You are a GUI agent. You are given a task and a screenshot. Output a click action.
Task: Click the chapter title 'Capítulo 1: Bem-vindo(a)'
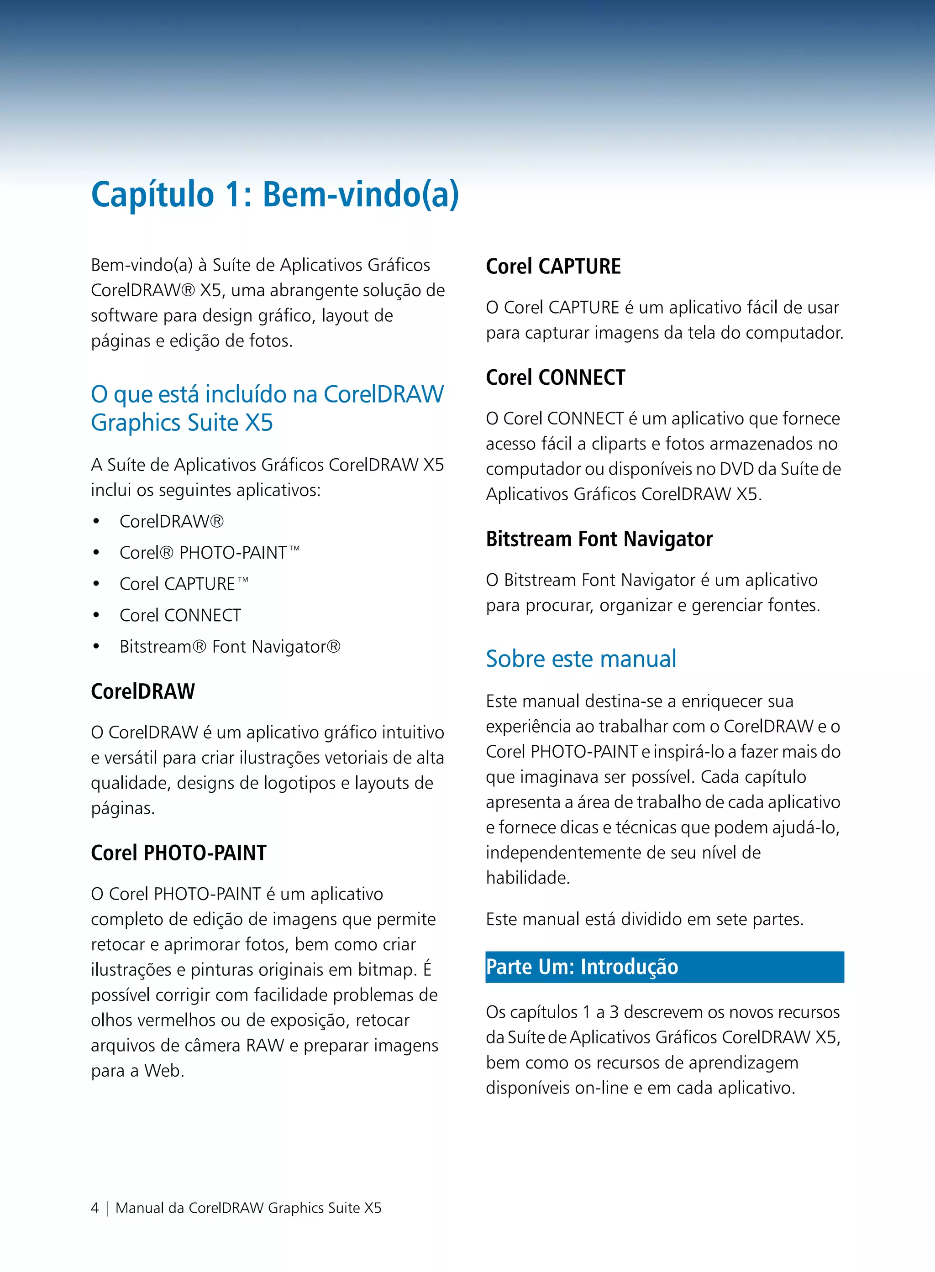pyautogui.click(x=274, y=194)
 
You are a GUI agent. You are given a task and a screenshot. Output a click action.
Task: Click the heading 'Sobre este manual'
pyautogui.click(x=581, y=659)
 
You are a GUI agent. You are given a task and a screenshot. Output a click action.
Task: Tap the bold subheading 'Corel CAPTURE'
pyautogui.click(x=553, y=266)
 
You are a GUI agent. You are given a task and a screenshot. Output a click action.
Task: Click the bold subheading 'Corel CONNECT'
pyautogui.click(x=555, y=377)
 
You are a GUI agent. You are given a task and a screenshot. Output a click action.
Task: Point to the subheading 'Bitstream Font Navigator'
pyautogui.click(x=599, y=539)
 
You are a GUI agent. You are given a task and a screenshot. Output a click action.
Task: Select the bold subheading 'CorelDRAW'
pyautogui.click(x=142, y=691)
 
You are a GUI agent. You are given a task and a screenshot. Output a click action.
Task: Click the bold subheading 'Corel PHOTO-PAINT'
pyautogui.click(x=179, y=852)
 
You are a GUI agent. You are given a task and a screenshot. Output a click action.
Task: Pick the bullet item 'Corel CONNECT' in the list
pyautogui.click(x=180, y=615)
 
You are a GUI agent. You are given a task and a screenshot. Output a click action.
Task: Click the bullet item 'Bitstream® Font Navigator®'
pyautogui.click(x=230, y=646)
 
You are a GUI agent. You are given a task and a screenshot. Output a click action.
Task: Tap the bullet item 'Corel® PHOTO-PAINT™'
pyautogui.click(x=210, y=552)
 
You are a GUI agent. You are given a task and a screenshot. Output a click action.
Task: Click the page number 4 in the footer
pyautogui.click(x=95, y=1208)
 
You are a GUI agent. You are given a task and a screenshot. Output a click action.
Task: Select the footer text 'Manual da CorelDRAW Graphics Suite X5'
pyautogui.click(x=248, y=1208)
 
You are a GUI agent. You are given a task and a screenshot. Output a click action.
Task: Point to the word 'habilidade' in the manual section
pyautogui.click(x=527, y=878)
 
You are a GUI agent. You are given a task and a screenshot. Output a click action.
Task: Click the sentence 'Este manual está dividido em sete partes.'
pyautogui.click(x=644, y=919)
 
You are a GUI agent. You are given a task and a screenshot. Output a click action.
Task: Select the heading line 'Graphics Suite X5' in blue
pyautogui.click(x=182, y=423)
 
